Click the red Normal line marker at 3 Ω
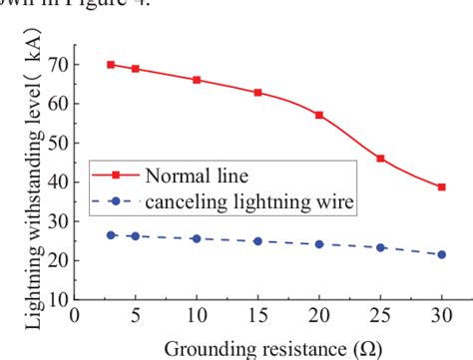coord(111,64)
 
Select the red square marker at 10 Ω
coord(197,80)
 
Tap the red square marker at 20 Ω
coord(319,115)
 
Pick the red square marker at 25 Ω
coord(380,159)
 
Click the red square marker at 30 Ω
coord(441,186)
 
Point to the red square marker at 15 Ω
coord(257,93)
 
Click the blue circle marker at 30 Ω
coord(441,254)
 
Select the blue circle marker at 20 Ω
coord(319,243)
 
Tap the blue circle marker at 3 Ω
coord(111,235)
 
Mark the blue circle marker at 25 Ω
coord(380,247)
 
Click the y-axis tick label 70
coord(59,65)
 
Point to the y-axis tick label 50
coord(59,143)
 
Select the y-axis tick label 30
coord(59,221)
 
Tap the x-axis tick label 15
coord(257,315)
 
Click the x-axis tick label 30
coord(441,315)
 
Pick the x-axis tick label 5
coord(135,315)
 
